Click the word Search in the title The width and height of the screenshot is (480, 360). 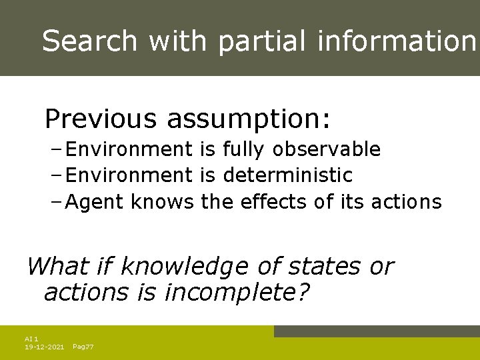tap(89, 41)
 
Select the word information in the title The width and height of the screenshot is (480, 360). tap(397, 41)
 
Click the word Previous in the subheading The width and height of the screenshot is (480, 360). tap(100, 119)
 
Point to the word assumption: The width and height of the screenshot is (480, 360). tap(248, 119)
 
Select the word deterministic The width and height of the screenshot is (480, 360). tap(288, 175)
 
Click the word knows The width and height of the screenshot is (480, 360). tap(162, 202)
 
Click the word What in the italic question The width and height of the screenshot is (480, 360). tap(57, 267)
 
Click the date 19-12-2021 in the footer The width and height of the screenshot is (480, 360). tap(44, 347)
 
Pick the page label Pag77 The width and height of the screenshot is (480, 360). tap(83, 347)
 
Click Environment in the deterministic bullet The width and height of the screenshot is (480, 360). tap(129, 175)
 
